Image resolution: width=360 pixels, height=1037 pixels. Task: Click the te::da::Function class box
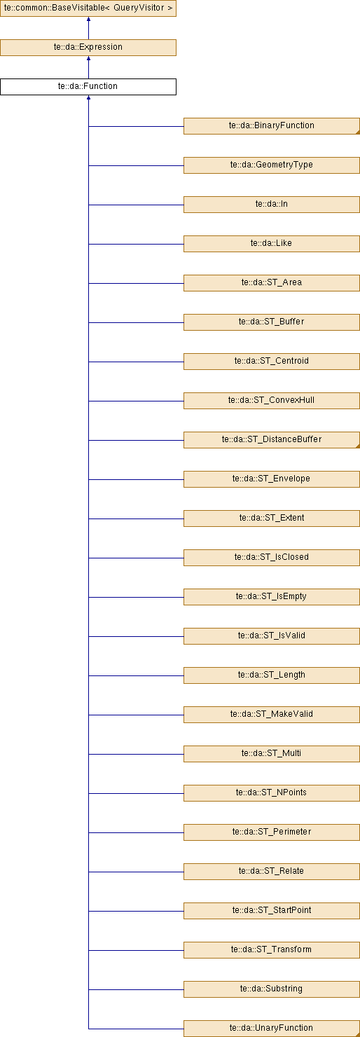pos(88,87)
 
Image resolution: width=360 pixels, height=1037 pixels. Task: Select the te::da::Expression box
pos(88,47)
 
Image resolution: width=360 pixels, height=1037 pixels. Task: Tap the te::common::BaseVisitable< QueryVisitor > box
pos(88,8)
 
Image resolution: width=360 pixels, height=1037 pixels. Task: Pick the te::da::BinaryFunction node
pos(272,126)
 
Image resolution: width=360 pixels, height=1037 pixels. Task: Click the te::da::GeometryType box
pos(272,165)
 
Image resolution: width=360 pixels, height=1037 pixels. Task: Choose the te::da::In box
pos(272,205)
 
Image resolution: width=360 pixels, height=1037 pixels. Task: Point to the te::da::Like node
pos(272,244)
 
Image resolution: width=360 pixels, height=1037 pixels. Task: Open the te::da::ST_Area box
pos(272,283)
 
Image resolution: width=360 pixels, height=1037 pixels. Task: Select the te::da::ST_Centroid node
pos(272,362)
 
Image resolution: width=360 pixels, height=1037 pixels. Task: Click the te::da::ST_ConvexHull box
pos(272,401)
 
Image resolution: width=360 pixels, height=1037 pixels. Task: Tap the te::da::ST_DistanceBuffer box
pos(272,440)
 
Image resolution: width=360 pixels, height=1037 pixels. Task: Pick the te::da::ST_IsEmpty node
pos(272,597)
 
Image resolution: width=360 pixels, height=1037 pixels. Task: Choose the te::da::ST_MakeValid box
pos(272,714)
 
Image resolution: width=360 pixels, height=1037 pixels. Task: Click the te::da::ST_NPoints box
pos(272,793)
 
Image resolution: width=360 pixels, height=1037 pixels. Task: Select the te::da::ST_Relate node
pos(272,871)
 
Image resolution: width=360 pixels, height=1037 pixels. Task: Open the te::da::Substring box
pos(272,989)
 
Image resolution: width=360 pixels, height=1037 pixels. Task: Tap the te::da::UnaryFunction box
pos(272,1028)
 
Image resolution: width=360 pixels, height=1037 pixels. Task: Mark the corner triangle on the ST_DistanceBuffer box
pos(358,446)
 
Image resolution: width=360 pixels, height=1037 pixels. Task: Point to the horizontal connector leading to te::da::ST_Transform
pos(136,950)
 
